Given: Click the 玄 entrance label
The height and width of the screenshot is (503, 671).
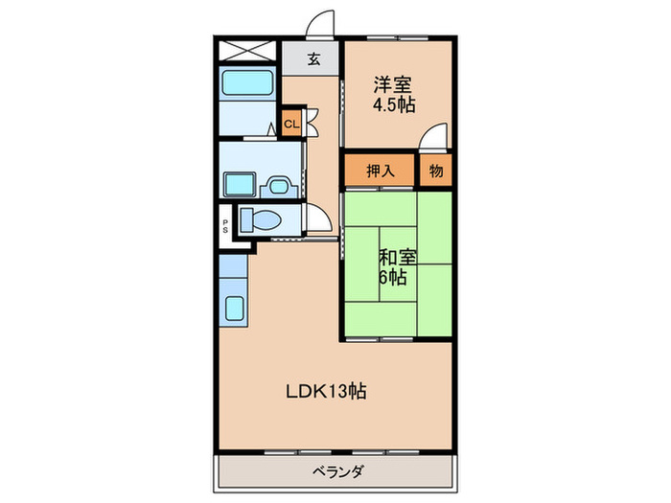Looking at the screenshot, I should (313, 58).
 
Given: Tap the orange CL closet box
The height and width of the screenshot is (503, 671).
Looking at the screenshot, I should (290, 124).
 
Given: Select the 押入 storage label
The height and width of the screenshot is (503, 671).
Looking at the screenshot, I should (381, 171).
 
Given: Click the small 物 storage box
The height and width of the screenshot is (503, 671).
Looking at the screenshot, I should (436, 171).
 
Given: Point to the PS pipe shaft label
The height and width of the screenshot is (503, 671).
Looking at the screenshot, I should (225, 227).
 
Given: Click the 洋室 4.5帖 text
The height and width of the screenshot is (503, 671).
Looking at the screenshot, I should (394, 95).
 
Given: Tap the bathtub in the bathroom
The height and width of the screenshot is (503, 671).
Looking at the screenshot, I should (248, 82).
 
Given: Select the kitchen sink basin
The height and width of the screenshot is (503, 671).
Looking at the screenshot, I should (234, 309).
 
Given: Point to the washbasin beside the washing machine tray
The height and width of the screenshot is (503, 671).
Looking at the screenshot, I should (280, 185).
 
